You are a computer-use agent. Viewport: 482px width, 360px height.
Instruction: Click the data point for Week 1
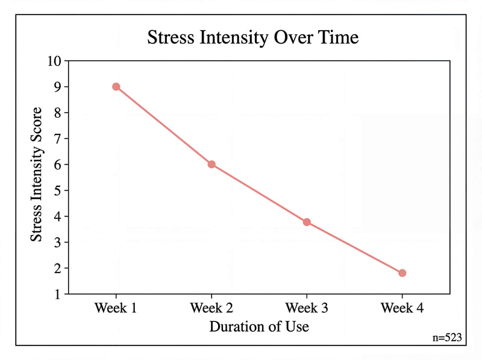[x=116, y=87]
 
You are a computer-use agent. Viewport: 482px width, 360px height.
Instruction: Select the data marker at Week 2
[x=211, y=165]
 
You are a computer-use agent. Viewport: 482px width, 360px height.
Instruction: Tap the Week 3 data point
[x=307, y=222]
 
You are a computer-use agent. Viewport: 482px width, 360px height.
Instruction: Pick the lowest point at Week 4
[x=402, y=273]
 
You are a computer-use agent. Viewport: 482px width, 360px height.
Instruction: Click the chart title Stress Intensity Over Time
[x=253, y=37]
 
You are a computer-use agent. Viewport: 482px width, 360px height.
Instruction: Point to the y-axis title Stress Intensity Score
[x=37, y=175]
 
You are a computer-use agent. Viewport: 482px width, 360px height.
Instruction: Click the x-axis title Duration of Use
[x=259, y=327]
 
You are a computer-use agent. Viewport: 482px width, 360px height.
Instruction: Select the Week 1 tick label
[x=116, y=308]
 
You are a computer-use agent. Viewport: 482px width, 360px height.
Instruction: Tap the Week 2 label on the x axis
[x=211, y=308]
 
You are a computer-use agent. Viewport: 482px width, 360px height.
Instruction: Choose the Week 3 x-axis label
[x=307, y=308]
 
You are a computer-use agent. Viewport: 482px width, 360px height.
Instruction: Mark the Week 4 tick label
[x=402, y=308]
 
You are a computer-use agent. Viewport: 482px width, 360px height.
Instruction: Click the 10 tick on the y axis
[x=54, y=61]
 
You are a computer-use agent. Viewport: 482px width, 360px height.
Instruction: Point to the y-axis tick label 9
[x=58, y=87]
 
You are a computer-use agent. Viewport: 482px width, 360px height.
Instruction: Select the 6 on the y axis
[x=58, y=165]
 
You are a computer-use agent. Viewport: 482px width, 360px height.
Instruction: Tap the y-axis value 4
[x=58, y=216]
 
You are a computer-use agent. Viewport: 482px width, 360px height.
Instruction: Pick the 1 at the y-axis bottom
[x=58, y=294]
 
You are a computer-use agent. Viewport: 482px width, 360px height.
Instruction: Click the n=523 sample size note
[x=447, y=338]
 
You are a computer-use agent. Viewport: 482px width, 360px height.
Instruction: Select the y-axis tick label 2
[x=58, y=268]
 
